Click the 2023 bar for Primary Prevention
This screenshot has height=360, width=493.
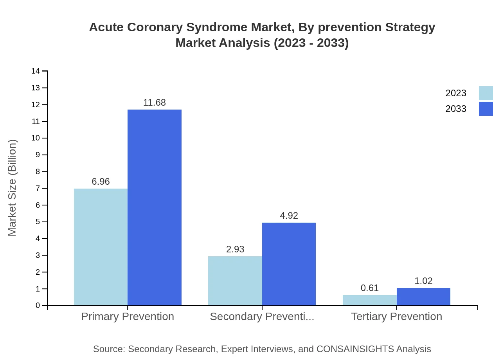(101, 247)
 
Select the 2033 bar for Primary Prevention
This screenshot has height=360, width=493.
(155, 207)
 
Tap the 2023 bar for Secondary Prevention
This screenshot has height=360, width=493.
(235, 281)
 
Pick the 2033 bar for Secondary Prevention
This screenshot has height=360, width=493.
(289, 264)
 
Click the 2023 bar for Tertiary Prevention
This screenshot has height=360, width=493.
(370, 300)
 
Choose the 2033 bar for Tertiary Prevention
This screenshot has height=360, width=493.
(423, 297)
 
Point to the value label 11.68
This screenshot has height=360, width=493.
(155, 103)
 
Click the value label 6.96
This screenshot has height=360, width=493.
(101, 182)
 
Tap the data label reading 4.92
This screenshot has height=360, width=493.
(289, 216)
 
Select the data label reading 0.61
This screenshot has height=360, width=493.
(370, 288)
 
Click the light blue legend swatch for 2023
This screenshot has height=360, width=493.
(486, 93)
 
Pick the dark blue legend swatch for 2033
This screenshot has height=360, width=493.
(486, 109)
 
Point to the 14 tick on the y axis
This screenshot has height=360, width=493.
(36, 71)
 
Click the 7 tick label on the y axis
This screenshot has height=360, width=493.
(38, 188)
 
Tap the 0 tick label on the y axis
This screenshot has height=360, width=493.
(38, 306)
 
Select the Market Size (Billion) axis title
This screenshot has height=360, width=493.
(12, 188)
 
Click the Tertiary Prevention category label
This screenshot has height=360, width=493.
(396, 316)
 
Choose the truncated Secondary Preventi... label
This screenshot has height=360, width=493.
(262, 316)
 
